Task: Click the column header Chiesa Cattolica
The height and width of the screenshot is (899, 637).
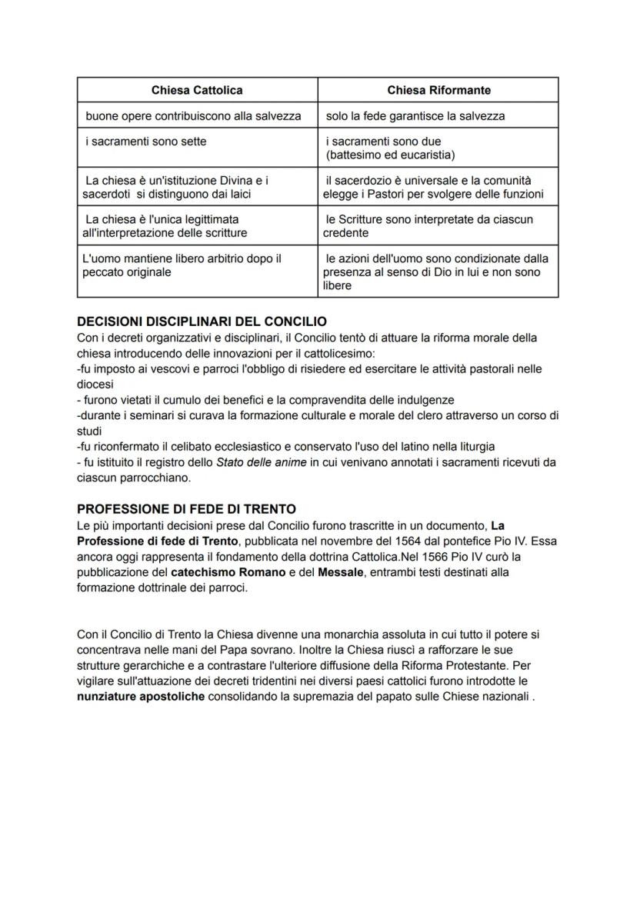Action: click(x=197, y=90)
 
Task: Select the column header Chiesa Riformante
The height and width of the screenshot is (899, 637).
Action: click(x=439, y=90)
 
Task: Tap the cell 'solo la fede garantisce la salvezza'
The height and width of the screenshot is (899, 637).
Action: click(x=415, y=116)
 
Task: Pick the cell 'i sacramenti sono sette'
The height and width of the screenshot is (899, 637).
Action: click(x=145, y=142)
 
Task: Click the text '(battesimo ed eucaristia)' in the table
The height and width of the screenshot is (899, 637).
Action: click(x=390, y=155)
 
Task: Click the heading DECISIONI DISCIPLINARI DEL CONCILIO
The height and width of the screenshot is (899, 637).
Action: click(x=202, y=321)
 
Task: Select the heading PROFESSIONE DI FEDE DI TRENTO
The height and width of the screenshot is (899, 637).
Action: click(x=186, y=510)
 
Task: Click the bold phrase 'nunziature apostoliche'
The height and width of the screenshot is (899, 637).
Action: click(x=141, y=697)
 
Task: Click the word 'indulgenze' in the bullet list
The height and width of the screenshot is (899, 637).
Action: click(x=425, y=400)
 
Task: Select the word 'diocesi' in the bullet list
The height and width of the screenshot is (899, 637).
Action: click(x=95, y=384)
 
